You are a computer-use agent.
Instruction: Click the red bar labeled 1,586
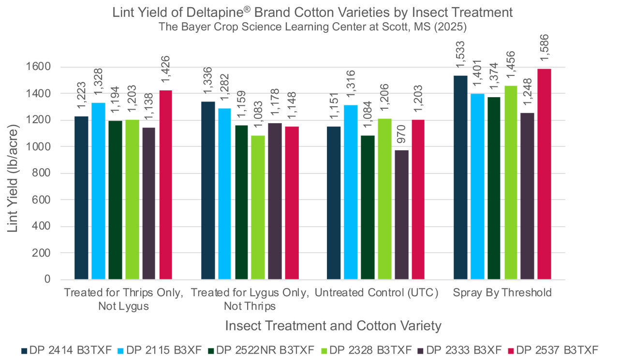point(545,174)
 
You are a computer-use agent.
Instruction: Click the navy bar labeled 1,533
point(460,177)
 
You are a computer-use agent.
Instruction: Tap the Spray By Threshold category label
point(502,293)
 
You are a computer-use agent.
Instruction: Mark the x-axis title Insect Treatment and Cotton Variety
point(333,326)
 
